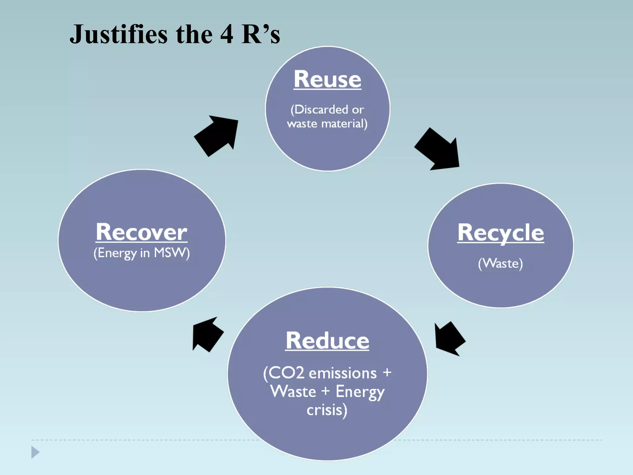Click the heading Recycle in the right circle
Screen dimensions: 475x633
tap(500, 233)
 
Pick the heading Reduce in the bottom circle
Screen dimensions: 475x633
tap(327, 340)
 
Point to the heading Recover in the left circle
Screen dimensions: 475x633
tap(142, 232)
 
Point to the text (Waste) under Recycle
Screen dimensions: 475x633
tap(500, 263)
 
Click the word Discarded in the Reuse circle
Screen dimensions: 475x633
tap(319, 109)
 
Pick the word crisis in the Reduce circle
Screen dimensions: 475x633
tap(325, 410)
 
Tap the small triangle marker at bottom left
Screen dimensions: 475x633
tap(35, 452)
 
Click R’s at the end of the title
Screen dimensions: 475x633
tap(261, 34)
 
